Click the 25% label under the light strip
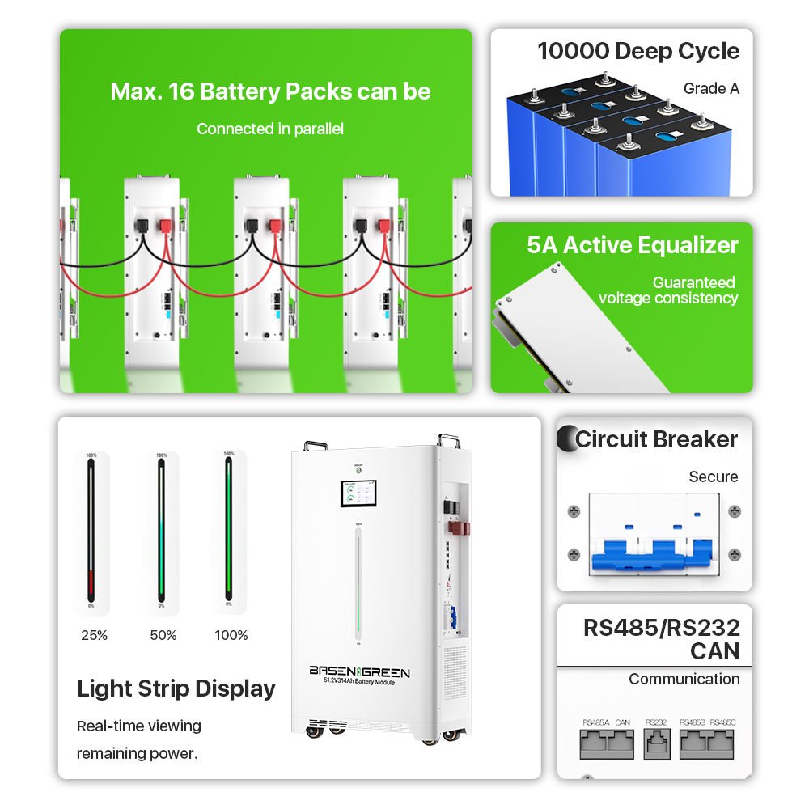coord(94,635)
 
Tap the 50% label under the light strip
coord(163,635)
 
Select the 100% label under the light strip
coord(231,635)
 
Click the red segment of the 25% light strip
coord(91,584)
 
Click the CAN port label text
coord(622,722)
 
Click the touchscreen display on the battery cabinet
coord(356,495)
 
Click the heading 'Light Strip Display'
coord(176,688)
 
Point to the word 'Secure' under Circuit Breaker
coord(713,477)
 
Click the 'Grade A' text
coord(711,88)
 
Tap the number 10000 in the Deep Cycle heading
coord(573,51)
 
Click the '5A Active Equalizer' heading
coord(632,245)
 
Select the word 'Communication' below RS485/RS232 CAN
coord(684,679)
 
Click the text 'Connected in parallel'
coord(269,129)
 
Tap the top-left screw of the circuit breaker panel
coord(574,511)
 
